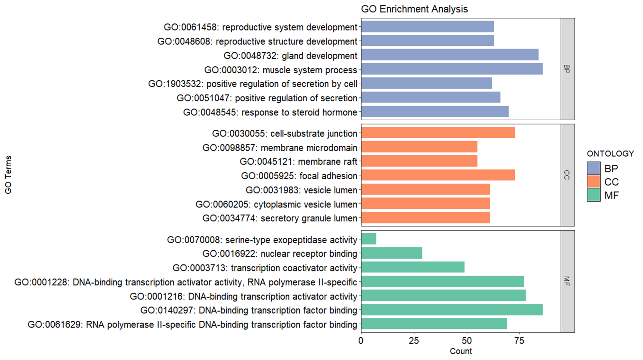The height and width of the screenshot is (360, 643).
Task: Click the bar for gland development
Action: tap(450, 55)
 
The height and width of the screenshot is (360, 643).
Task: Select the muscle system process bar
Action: tap(452, 69)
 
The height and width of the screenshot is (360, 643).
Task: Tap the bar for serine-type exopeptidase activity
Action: tap(369, 239)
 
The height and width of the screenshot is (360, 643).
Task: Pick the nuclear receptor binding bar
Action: tap(392, 253)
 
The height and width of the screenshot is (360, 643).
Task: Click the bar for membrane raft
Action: tap(419, 161)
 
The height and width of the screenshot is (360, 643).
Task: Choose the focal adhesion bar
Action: tap(438, 175)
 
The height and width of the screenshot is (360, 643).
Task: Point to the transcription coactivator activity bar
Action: tap(413, 267)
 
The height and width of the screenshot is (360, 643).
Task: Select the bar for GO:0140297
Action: tap(452, 309)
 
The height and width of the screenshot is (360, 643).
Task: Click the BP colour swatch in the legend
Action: tap(593, 168)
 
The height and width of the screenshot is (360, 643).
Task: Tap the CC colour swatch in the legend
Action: tap(593, 181)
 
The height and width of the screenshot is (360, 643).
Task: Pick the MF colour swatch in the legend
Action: tap(593, 195)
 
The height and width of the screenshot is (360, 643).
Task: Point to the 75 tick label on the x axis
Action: tap(519, 341)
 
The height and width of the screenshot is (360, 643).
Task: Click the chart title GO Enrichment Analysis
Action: tap(414, 9)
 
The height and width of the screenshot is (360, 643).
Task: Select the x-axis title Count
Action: tap(461, 351)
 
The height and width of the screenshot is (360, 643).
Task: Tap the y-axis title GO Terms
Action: tap(8, 175)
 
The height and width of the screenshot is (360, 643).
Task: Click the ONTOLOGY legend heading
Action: tap(610, 154)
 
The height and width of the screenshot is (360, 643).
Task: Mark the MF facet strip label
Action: tap(567, 281)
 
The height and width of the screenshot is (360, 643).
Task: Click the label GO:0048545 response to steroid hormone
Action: tap(270, 112)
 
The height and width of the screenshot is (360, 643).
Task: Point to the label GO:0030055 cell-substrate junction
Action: tap(285, 134)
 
